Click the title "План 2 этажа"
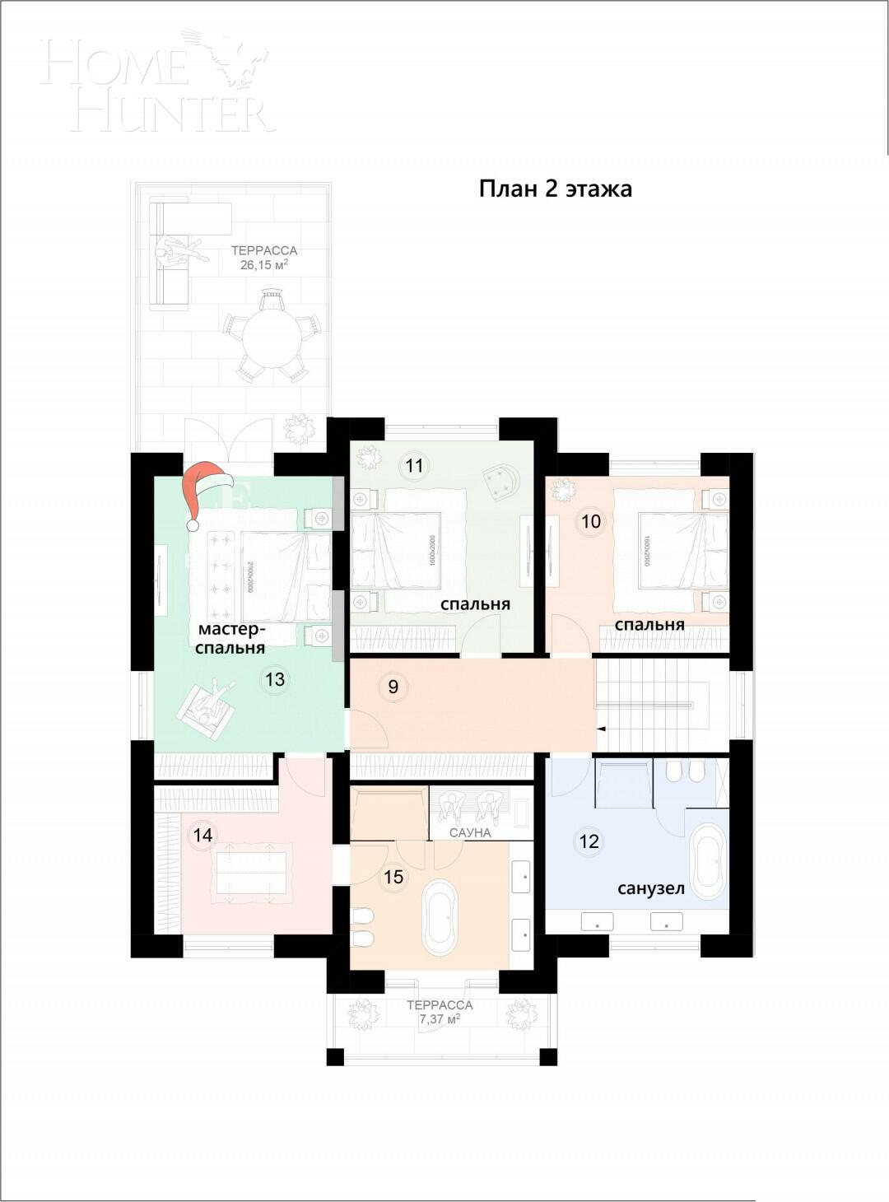coord(556,189)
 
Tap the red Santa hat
coord(203,492)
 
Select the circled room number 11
coord(414,466)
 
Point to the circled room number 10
coord(591,521)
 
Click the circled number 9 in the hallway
coord(393,687)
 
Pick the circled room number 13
coord(275,679)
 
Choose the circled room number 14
coord(202,836)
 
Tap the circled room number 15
coord(393,877)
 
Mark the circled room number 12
coord(589,841)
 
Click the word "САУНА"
coord(470,833)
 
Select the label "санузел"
coord(651,888)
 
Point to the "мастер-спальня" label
coord(231,639)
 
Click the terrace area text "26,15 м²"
coord(263,265)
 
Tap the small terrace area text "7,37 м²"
coord(440,1019)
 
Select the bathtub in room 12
coord(707,861)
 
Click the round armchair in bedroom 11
coord(502,482)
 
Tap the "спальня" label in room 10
coord(649,625)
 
